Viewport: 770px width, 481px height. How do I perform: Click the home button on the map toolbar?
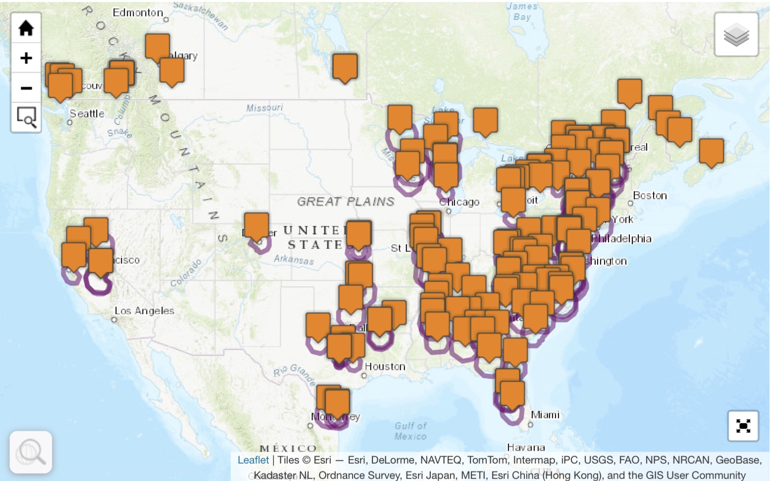pyautogui.click(x=26, y=28)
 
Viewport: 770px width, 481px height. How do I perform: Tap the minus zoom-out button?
pyautogui.click(x=26, y=88)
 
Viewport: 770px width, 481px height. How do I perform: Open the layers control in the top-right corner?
pyautogui.click(x=736, y=35)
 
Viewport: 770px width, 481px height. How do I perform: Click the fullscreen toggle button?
pyautogui.click(x=743, y=426)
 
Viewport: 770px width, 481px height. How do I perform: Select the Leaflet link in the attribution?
pyautogui.click(x=253, y=460)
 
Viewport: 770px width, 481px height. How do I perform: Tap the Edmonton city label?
pyautogui.click(x=138, y=13)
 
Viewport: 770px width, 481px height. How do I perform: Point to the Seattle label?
pyautogui.click(x=87, y=114)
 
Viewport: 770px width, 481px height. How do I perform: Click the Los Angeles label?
pyautogui.click(x=144, y=311)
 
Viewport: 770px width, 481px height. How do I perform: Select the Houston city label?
pyautogui.click(x=385, y=367)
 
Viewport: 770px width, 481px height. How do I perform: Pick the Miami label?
pyautogui.click(x=545, y=415)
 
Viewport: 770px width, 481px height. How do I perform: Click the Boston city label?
pyautogui.click(x=650, y=196)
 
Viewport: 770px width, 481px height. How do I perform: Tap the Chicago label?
pyautogui.click(x=460, y=202)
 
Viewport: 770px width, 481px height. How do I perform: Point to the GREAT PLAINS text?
pyautogui.click(x=346, y=202)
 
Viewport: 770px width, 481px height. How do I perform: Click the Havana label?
pyautogui.click(x=526, y=448)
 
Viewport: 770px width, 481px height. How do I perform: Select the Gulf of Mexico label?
pyautogui.click(x=411, y=431)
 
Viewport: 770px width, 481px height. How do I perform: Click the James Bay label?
pyautogui.click(x=522, y=11)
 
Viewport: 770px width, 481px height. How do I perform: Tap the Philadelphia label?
pyautogui.click(x=622, y=239)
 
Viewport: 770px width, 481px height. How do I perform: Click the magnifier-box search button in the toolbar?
pyautogui.click(x=26, y=117)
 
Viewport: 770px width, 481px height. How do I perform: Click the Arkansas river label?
pyautogui.click(x=294, y=259)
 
